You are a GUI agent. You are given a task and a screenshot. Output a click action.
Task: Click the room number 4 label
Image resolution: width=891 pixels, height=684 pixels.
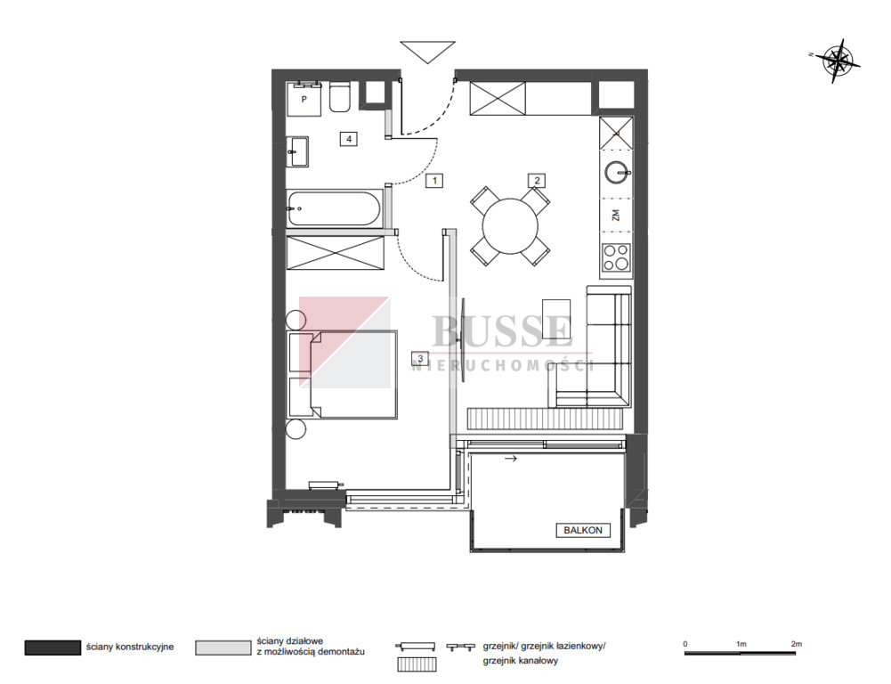(x=349, y=139)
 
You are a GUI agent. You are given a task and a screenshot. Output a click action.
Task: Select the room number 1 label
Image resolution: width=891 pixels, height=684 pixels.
(x=434, y=181)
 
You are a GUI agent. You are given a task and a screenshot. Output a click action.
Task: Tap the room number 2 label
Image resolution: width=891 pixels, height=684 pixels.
(x=537, y=181)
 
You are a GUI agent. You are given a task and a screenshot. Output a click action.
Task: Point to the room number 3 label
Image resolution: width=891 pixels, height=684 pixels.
(x=420, y=358)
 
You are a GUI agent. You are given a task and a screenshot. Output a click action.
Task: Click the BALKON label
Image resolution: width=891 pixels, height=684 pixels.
(x=583, y=530)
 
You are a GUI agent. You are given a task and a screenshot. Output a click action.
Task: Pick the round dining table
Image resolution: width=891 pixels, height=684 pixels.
(x=510, y=225)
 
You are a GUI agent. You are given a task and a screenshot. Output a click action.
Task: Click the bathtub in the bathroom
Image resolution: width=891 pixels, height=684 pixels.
(x=334, y=208)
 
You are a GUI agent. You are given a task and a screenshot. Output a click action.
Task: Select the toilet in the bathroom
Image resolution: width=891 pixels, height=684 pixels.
(x=340, y=98)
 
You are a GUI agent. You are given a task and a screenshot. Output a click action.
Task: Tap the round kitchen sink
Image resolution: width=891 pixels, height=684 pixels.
(x=617, y=172)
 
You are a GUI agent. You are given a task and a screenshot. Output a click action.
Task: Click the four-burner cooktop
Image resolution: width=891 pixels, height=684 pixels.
(x=617, y=257)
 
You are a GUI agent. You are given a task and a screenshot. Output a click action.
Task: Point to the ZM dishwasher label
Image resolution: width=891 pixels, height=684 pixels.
(x=615, y=215)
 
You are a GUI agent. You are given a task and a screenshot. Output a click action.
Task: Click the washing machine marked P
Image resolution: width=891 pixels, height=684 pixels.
(x=304, y=99)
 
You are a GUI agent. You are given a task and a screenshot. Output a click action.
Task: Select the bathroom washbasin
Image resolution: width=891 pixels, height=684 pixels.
(x=297, y=151)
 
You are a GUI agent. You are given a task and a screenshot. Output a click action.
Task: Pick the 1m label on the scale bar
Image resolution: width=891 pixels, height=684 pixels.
(x=741, y=644)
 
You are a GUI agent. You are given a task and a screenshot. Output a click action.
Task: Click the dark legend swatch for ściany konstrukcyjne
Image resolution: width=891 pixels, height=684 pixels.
(x=53, y=647)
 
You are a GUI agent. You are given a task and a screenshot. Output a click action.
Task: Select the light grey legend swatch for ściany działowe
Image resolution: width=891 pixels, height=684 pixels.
(x=223, y=647)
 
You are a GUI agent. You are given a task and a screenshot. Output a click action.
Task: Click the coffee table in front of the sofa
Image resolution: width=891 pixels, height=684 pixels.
(x=556, y=323)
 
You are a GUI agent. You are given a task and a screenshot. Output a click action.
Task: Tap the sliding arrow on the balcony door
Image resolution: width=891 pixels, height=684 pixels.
(x=511, y=459)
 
